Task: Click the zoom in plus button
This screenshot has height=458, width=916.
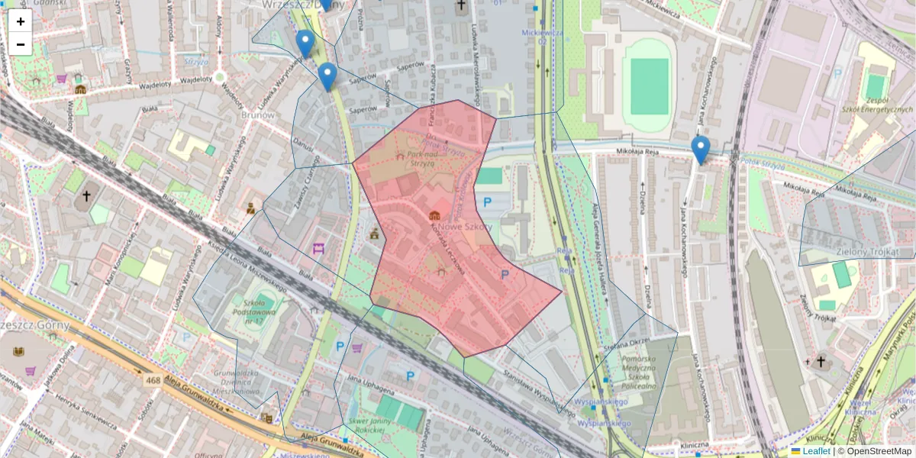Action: (21, 21)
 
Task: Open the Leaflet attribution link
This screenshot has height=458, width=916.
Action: (816, 451)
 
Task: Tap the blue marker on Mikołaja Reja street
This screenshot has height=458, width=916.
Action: (700, 149)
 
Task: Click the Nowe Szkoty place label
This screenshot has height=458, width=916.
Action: (463, 227)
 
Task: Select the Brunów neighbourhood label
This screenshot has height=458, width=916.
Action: (256, 115)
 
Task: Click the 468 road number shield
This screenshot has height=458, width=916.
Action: (153, 379)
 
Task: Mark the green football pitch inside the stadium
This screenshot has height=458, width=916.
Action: (649, 86)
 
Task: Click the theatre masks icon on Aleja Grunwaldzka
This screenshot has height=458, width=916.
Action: (266, 418)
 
